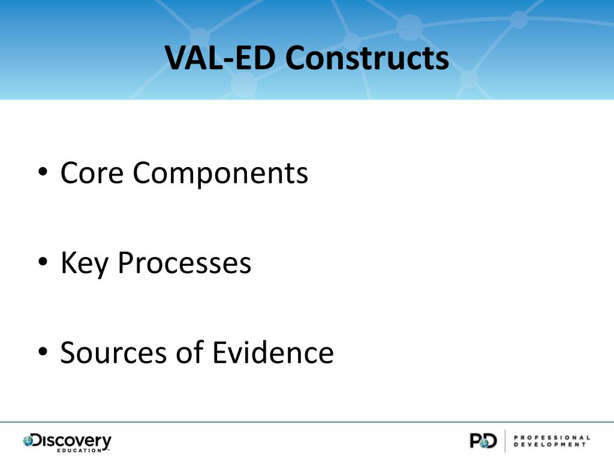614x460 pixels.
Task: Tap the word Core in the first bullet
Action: click(92, 173)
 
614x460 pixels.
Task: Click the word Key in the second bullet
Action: click(85, 263)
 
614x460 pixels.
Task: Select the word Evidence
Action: click(273, 352)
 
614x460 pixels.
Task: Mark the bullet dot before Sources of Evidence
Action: click(43, 353)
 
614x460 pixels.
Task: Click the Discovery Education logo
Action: click(67, 442)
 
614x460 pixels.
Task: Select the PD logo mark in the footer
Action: click(483, 441)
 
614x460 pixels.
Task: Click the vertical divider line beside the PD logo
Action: click(505, 441)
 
